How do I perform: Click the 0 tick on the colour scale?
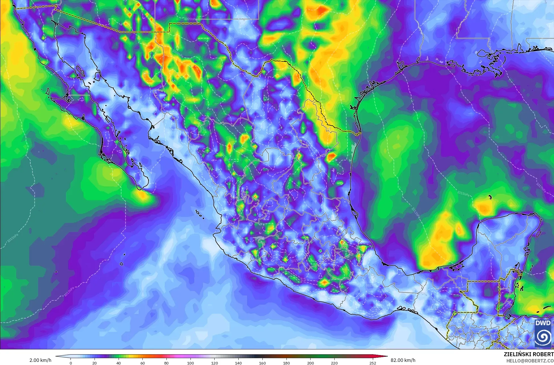tap(71, 363)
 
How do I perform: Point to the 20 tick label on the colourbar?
tap(95, 363)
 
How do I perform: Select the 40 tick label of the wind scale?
tap(119, 363)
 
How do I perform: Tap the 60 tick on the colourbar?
tap(142, 363)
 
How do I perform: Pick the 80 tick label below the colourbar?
tap(166, 363)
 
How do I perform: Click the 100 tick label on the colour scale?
tap(191, 363)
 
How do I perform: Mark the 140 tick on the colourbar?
tap(238, 363)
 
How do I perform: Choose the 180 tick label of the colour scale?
tap(286, 363)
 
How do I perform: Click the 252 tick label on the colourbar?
tap(373, 363)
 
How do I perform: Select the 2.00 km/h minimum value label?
tap(40, 360)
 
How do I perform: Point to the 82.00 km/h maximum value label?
tap(403, 360)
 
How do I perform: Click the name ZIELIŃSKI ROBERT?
tap(529, 355)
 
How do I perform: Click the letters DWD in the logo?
tap(543, 323)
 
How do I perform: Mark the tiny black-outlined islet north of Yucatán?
tap(490, 196)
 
